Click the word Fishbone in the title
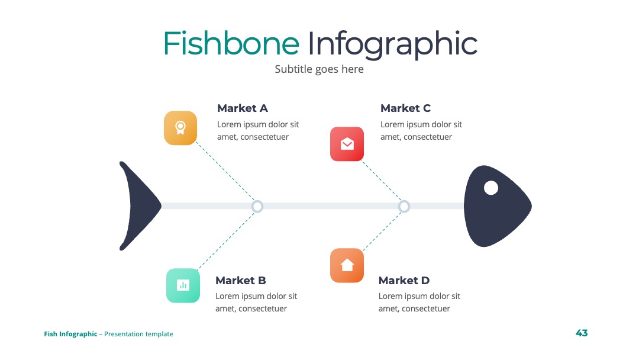231,43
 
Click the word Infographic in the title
392,45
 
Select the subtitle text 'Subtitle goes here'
319,69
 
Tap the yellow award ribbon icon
180,128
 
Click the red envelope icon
347,144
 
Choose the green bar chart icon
183,285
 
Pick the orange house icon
347,265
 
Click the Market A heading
243,108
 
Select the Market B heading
240,281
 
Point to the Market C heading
405,108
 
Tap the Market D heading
404,281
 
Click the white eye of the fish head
490,188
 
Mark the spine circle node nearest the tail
257,206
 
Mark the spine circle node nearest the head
404,206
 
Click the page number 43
582,333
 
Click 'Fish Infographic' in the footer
70,334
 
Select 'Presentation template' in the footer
138,334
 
